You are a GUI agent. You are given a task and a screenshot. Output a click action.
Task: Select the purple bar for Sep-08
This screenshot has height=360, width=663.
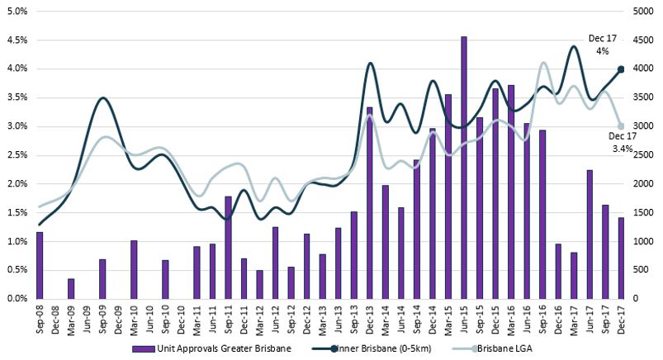coord(40,265)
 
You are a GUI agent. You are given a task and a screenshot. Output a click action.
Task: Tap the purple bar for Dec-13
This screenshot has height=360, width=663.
coord(369,203)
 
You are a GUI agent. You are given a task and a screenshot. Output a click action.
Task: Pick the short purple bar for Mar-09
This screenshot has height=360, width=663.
coord(71,289)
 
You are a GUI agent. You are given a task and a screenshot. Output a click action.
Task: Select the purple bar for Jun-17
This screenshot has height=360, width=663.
coord(590,234)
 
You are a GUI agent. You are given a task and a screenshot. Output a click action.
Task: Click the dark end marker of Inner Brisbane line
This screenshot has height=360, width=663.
coord(621,69)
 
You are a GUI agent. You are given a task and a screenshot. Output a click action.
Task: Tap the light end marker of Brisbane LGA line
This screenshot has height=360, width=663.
coord(621,126)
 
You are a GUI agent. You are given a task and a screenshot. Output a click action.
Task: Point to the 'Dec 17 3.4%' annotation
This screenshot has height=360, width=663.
coord(621,143)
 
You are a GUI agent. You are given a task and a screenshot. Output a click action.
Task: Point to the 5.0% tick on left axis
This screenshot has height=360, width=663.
coord(17,12)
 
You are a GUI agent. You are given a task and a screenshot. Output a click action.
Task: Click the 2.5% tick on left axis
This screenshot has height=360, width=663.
coord(17,155)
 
